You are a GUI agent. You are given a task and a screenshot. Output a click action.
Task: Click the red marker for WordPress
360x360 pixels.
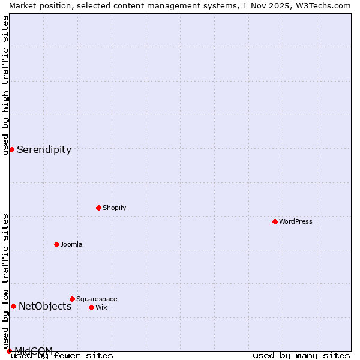pos(275,221)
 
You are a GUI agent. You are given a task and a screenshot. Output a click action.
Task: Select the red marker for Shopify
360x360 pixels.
pos(98,208)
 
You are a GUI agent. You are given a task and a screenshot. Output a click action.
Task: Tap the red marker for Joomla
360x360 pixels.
pos(56,244)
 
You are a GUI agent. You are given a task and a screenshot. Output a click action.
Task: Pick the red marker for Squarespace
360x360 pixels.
pos(72,299)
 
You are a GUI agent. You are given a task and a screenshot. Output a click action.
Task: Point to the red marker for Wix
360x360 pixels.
pos(91,307)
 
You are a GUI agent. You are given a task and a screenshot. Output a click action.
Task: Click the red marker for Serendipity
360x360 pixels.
pos(11,149)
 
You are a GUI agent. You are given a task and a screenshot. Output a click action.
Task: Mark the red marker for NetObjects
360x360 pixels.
pos(13,306)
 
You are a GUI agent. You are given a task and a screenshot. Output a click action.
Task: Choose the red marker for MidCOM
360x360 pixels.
pos(9,351)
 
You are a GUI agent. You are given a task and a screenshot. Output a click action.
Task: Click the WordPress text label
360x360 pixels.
pos(296,221)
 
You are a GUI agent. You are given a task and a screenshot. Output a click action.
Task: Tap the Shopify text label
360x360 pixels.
pos(114,208)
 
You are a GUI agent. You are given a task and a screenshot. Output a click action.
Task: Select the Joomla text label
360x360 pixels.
pos(71,244)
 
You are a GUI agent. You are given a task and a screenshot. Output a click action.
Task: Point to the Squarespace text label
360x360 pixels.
pos(97,299)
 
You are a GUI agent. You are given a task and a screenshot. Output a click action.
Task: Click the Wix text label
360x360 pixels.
pos(101,307)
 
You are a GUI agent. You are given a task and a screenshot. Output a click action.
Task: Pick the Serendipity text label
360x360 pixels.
pos(44,149)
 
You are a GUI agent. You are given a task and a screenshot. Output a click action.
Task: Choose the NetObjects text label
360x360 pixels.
pos(45,306)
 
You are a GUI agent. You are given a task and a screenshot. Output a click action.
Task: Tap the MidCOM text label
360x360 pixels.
pos(34,350)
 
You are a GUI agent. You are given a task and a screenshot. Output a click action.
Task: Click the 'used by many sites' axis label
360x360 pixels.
pos(301,356)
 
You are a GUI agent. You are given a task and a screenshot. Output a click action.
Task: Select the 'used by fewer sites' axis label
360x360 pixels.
pos(62,356)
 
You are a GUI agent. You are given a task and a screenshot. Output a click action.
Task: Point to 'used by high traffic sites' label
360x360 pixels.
pos(5,85)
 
